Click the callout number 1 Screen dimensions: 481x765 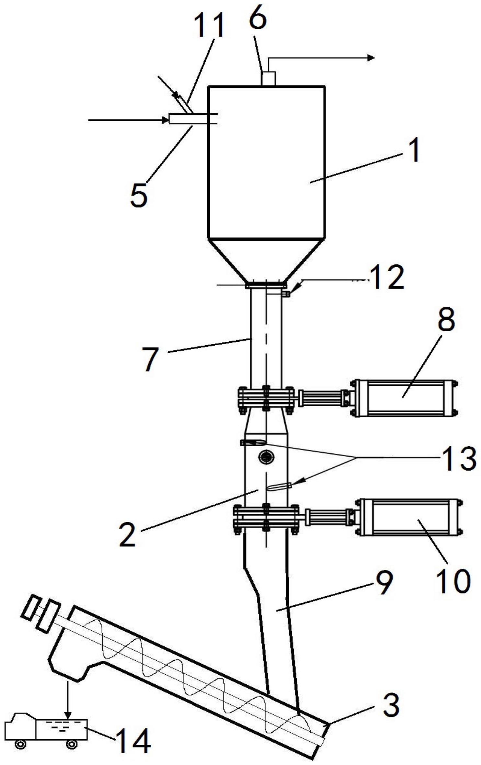(x=412, y=150)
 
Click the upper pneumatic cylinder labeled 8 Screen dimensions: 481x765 (x=405, y=398)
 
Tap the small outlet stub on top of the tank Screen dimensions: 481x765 (x=268, y=78)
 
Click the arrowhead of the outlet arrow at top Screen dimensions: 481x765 (x=371, y=58)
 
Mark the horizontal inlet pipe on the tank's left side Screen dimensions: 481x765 (x=193, y=119)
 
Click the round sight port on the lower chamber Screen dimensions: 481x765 (x=266, y=457)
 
